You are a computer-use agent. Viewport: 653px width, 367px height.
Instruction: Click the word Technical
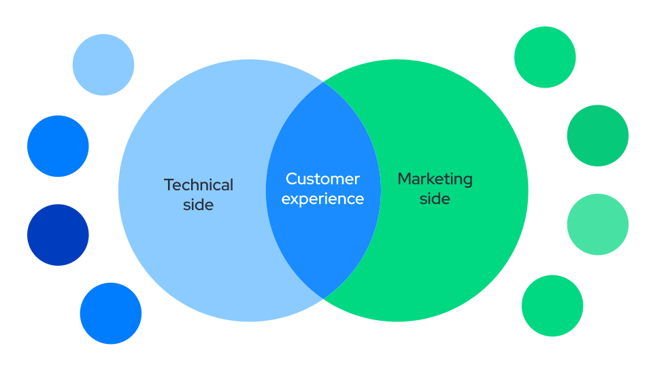click(199, 185)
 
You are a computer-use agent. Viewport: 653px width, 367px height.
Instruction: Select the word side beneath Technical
click(198, 205)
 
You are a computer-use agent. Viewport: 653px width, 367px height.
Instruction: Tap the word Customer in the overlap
click(322, 179)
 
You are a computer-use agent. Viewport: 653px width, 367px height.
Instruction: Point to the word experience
click(322, 199)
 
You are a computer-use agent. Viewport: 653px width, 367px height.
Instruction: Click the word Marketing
click(435, 179)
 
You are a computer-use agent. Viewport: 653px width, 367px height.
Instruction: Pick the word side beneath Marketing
click(435, 198)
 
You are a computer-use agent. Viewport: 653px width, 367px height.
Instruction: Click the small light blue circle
click(103, 65)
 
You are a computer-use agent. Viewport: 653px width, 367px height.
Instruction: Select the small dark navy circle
click(58, 235)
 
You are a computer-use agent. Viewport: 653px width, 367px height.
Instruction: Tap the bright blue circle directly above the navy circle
click(58, 146)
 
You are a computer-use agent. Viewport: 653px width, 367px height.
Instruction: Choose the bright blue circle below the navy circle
click(111, 313)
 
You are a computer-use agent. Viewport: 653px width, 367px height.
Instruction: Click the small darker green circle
click(598, 136)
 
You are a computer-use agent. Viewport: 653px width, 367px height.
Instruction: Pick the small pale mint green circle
click(598, 224)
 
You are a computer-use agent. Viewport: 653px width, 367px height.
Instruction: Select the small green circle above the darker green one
click(545, 57)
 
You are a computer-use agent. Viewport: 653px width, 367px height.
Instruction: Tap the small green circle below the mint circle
click(552, 306)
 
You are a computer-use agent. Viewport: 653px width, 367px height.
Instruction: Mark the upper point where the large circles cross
click(323, 82)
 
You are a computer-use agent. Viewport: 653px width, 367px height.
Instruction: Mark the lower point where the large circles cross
click(323, 298)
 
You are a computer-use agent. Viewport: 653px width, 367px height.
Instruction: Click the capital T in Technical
click(169, 185)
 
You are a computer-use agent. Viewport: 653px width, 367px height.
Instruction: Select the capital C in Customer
click(292, 179)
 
